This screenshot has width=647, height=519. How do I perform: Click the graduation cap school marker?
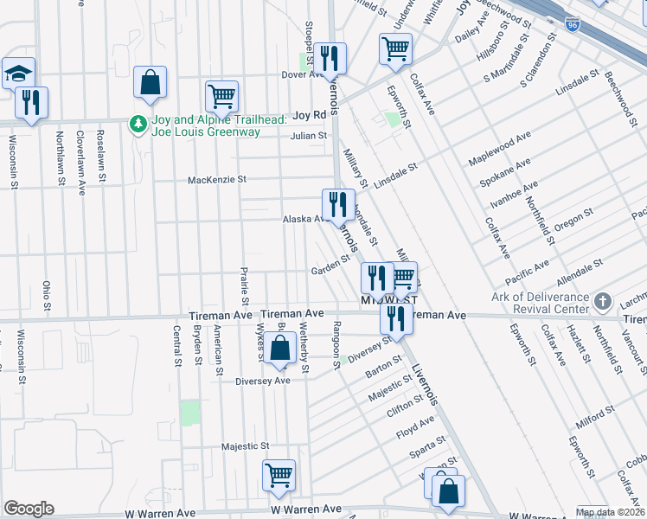click(18, 74)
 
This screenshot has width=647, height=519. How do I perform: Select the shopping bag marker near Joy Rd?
click(151, 83)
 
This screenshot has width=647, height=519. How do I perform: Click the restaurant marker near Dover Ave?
click(330, 59)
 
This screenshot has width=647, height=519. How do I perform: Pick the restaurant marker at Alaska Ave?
click(338, 205)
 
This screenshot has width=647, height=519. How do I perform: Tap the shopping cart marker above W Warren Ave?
click(279, 475)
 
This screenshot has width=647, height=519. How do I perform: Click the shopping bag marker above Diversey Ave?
click(280, 349)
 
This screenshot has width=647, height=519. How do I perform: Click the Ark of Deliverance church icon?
click(604, 302)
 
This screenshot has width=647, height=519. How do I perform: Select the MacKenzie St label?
click(218, 180)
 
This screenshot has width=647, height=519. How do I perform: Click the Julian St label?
click(309, 136)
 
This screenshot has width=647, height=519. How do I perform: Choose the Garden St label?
click(330, 270)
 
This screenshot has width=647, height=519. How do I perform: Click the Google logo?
click(29, 509)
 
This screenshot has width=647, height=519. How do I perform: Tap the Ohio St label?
click(48, 297)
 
